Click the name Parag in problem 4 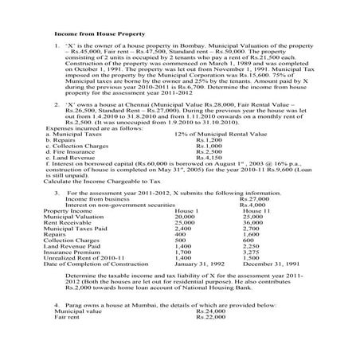(75, 327)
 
